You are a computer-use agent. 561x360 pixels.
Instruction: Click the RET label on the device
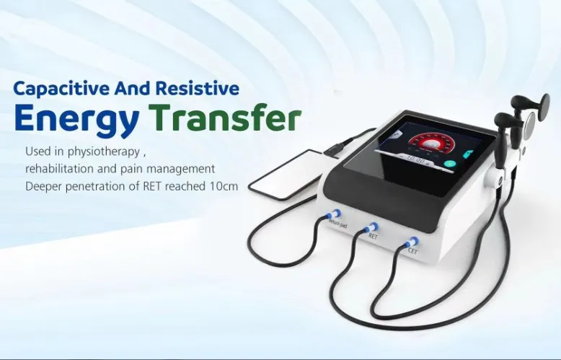373,236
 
